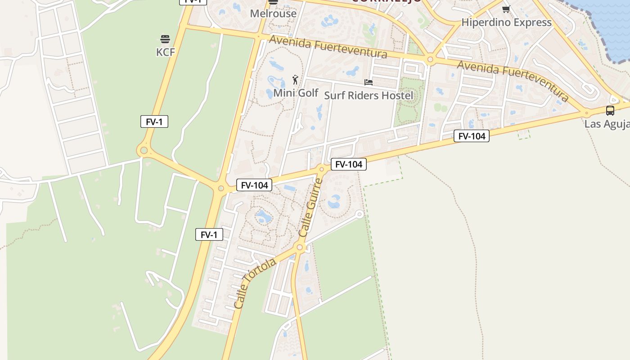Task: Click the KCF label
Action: tap(165, 52)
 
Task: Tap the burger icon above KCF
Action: tap(165, 39)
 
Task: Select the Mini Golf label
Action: tap(296, 93)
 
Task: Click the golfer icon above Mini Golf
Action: tap(295, 80)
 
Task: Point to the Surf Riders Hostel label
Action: tap(368, 95)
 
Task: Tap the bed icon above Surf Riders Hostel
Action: tap(368, 82)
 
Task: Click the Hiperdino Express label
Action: tap(506, 22)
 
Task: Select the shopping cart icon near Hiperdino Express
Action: tap(506, 9)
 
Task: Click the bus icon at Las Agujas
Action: tap(610, 110)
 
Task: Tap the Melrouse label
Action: tap(273, 13)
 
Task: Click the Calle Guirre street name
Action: tap(310, 207)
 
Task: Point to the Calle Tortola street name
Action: tap(254, 283)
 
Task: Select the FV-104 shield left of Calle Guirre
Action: tap(254, 185)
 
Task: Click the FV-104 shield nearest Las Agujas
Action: tap(471, 136)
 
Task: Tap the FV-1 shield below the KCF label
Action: tap(154, 121)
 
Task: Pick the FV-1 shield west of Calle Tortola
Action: tap(209, 234)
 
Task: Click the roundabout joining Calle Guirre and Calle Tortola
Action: tap(300, 247)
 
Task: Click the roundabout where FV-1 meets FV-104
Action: tap(220, 188)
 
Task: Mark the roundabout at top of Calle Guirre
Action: tap(321, 169)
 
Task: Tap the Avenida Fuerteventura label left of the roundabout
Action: tap(328, 47)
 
